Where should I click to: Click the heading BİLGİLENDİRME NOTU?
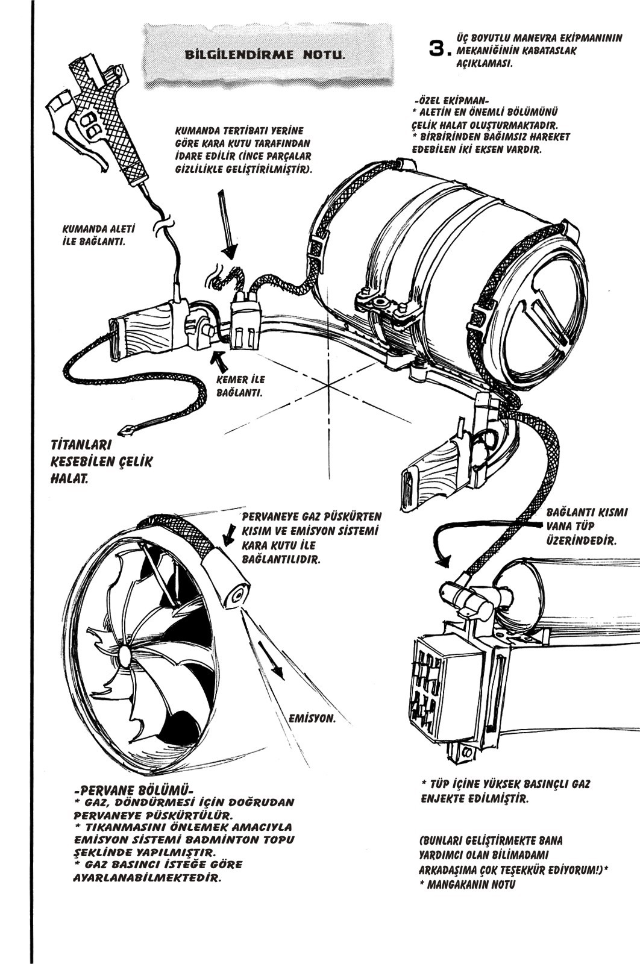pyautogui.click(x=266, y=54)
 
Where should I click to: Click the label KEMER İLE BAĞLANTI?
pyautogui.click(x=240, y=386)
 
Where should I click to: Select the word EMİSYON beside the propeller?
pyautogui.click(x=312, y=719)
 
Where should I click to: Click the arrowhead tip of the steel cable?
pyautogui.click(x=128, y=431)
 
